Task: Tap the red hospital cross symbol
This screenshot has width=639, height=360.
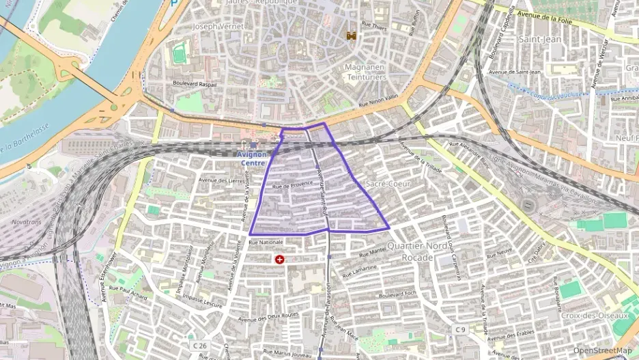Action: (x=279, y=260)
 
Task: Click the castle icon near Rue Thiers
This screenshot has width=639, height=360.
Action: (x=353, y=34)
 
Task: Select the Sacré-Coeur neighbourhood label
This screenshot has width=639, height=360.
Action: (x=386, y=184)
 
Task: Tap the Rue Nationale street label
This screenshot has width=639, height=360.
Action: (x=266, y=243)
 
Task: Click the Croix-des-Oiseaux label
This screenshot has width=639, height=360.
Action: (x=593, y=316)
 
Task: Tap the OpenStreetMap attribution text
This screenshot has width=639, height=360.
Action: (x=602, y=350)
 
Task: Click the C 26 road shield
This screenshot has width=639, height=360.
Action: (x=199, y=346)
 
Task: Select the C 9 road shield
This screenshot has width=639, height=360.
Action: (x=460, y=330)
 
